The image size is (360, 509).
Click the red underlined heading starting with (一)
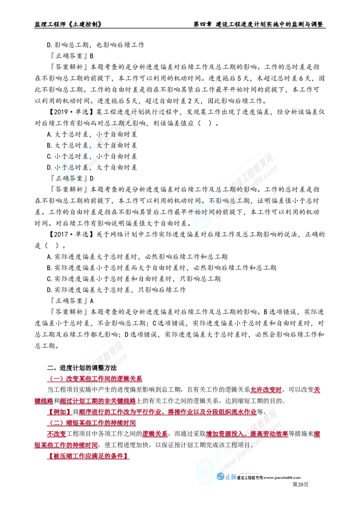pos(94,379)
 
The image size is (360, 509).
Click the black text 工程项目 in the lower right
pos(236,446)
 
